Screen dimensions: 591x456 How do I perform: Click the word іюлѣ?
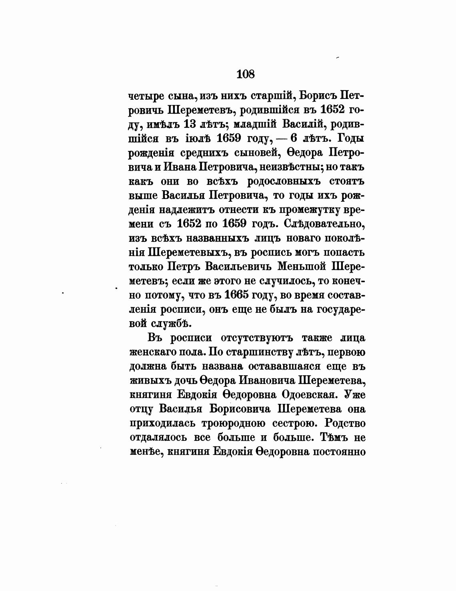(x=194, y=139)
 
